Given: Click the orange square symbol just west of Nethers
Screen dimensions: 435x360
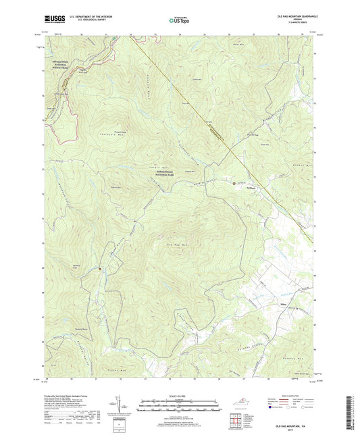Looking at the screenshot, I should click(x=234, y=183).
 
